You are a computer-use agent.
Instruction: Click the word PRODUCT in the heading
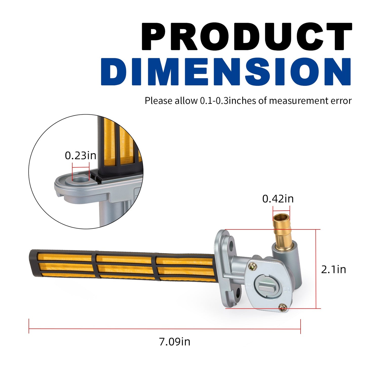point(247,36)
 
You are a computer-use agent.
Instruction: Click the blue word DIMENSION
point(226,72)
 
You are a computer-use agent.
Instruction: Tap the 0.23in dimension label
point(81,156)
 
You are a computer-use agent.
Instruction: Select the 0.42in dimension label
point(278,199)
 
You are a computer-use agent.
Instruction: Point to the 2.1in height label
point(333,269)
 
